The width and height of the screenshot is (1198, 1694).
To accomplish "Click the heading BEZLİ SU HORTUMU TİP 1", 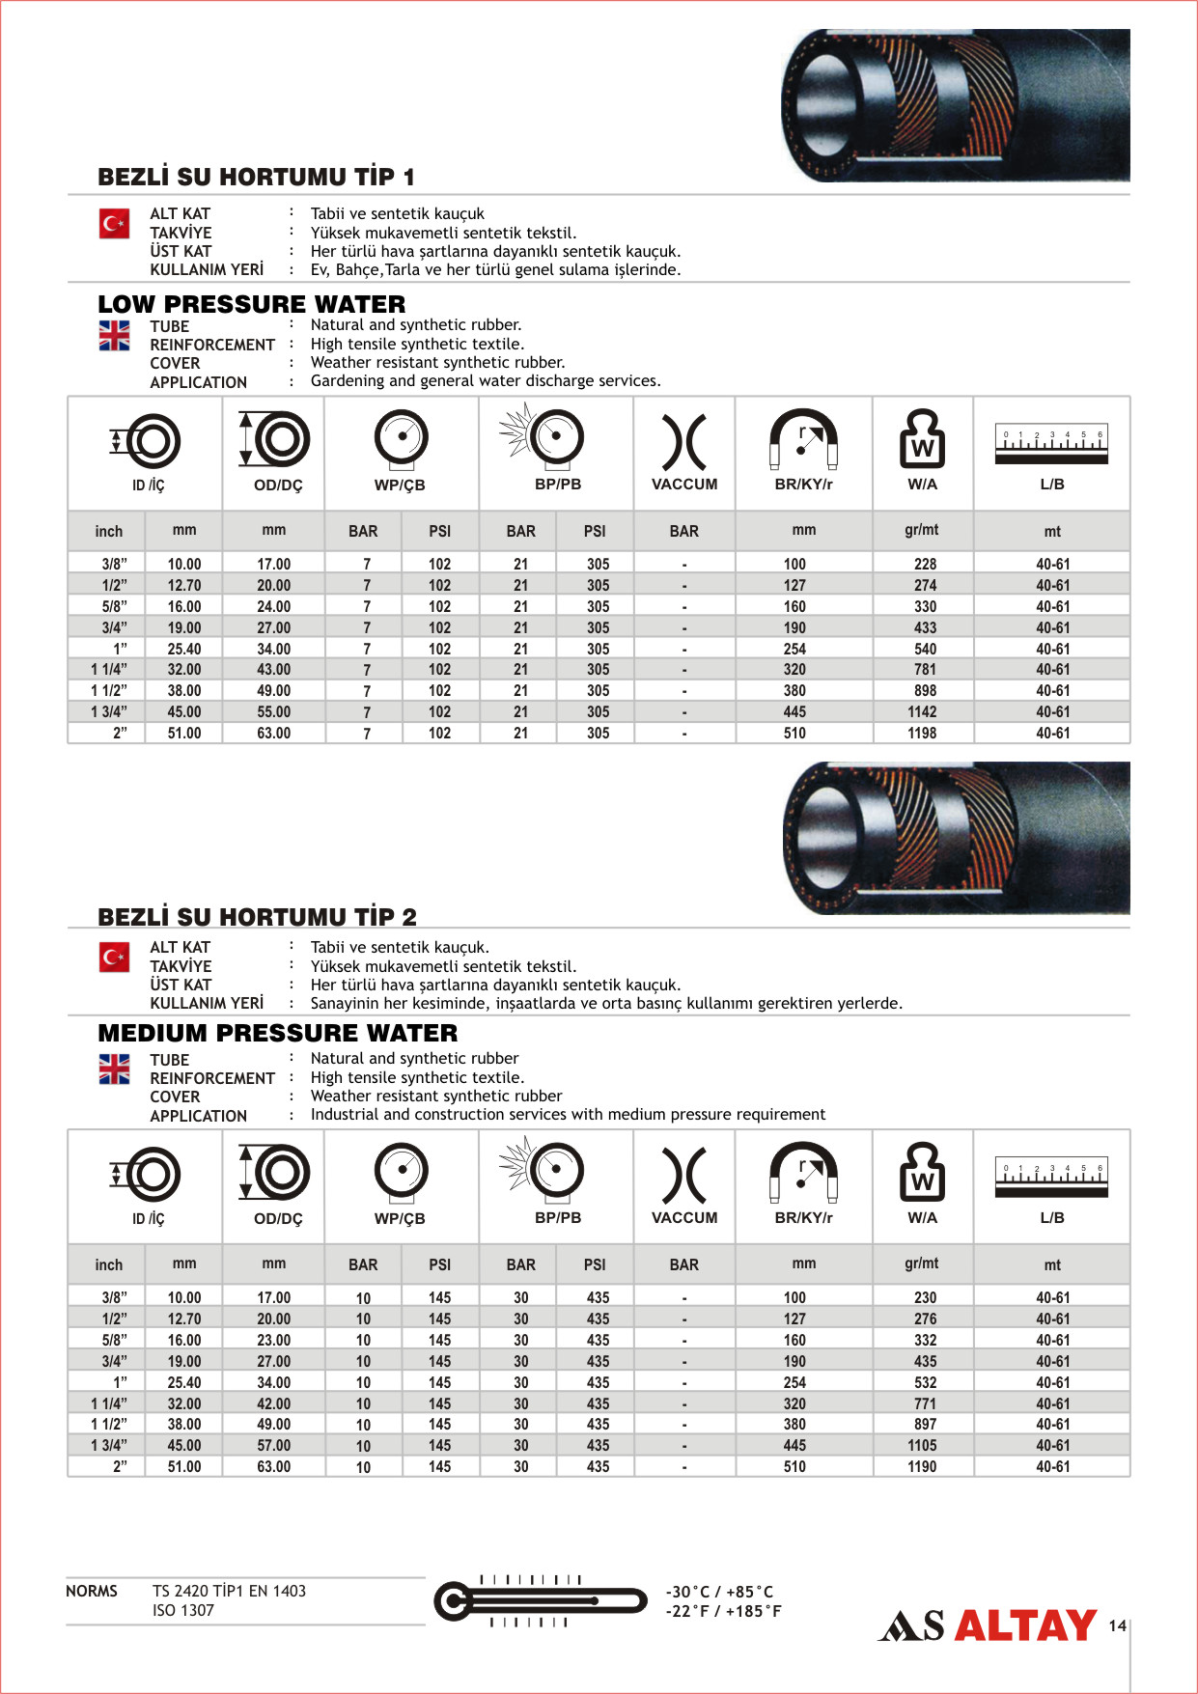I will (x=256, y=177).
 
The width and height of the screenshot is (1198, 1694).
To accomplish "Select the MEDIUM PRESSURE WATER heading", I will (x=278, y=1033).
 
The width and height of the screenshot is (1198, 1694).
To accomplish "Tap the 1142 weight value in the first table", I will (x=922, y=711).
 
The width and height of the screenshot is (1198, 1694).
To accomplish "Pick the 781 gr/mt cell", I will (x=925, y=669).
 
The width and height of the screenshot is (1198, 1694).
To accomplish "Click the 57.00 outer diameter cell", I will (x=274, y=1445).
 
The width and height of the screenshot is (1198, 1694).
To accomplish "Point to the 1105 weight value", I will (x=922, y=1445).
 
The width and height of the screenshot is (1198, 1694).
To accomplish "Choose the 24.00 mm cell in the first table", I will (x=274, y=606).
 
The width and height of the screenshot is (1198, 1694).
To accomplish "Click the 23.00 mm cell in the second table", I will (x=274, y=1340).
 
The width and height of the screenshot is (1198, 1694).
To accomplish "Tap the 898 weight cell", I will (x=925, y=690).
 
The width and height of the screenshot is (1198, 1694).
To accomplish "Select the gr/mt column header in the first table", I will (x=922, y=530).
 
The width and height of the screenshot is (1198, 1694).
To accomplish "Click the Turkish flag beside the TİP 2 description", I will (x=114, y=957).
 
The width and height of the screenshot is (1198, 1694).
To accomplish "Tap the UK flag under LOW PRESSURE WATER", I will (x=114, y=335).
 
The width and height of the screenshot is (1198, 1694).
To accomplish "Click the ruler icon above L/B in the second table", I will (x=1051, y=1177).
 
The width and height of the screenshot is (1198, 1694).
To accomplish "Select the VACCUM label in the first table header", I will (x=684, y=484).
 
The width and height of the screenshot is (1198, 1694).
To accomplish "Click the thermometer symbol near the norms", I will (x=540, y=1601).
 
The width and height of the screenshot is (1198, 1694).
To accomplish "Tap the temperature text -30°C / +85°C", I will (x=719, y=1592).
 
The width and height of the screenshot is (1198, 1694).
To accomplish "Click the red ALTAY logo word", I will (x=1025, y=1625).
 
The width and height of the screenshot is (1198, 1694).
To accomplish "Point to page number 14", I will (x=1117, y=1625).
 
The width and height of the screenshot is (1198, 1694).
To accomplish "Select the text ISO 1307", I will (x=183, y=1610).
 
